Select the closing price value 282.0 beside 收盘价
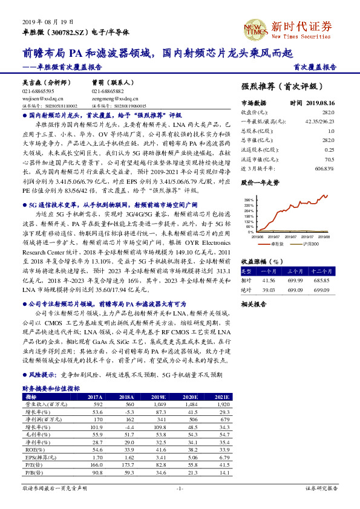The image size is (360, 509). pyautogui.click(x=327, y=112)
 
